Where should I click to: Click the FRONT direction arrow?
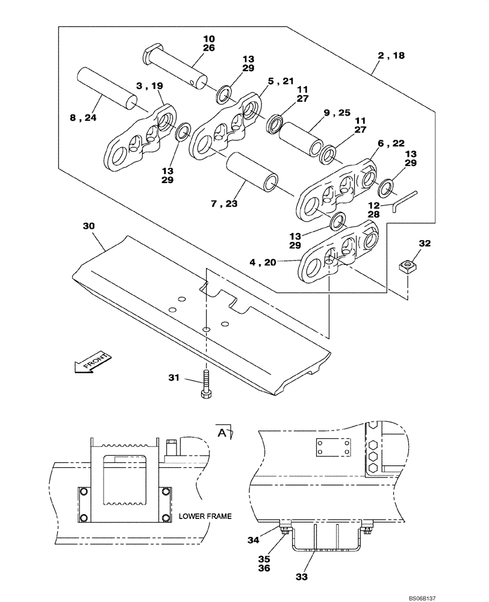[91, 364]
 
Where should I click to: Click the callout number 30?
[89, 226]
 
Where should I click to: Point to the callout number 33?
[302, 576]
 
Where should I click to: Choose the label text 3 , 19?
[149, 87]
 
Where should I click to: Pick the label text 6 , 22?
[391, 143]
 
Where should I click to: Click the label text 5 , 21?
[281, 81]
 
